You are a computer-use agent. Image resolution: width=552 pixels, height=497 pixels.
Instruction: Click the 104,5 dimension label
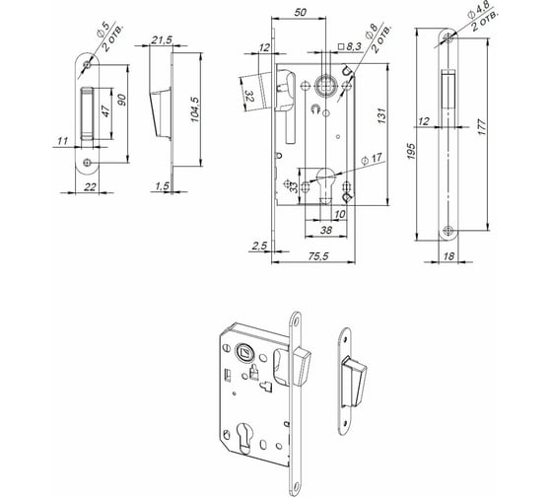tap(195, 109)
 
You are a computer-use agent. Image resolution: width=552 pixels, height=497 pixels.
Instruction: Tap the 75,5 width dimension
tap(317, 256)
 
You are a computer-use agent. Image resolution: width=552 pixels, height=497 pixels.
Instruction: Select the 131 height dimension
tap(381, 116)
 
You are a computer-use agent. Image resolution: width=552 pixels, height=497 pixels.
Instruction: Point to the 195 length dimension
tap(411, 151)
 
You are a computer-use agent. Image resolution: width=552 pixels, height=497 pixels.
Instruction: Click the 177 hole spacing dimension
tap(482, 127)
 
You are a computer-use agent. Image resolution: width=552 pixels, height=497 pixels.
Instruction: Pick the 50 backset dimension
tap(300, 13)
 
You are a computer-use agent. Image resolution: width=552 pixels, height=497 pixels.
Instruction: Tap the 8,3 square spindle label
tap(350, 46)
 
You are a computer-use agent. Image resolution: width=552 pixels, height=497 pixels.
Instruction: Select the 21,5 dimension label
tap(162, 40)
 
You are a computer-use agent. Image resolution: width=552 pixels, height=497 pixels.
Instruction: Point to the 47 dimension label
tap(105, 111)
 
